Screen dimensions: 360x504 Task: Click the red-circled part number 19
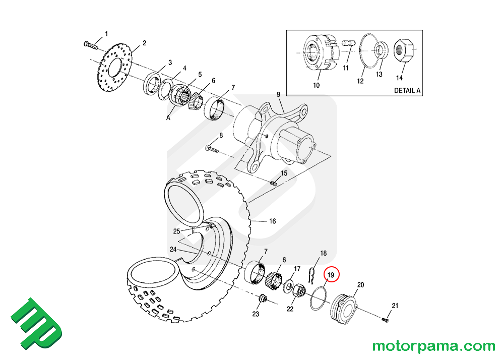[x=332, y=275]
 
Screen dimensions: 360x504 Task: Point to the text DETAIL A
[x=407, y=91]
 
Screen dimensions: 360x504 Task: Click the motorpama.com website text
[x=433, y=346]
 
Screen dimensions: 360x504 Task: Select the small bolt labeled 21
[x=385, y=319]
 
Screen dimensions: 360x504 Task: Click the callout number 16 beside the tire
[x=272, y=221]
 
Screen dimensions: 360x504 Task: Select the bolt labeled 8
[x=212, y=148]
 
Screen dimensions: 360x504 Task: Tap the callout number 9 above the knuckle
[x=277, y=94]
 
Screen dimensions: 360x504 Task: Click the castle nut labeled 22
[x=297, y=292]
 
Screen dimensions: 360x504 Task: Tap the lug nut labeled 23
[x=262, y=299]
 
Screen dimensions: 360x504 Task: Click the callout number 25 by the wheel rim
[x=176, y=231]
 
